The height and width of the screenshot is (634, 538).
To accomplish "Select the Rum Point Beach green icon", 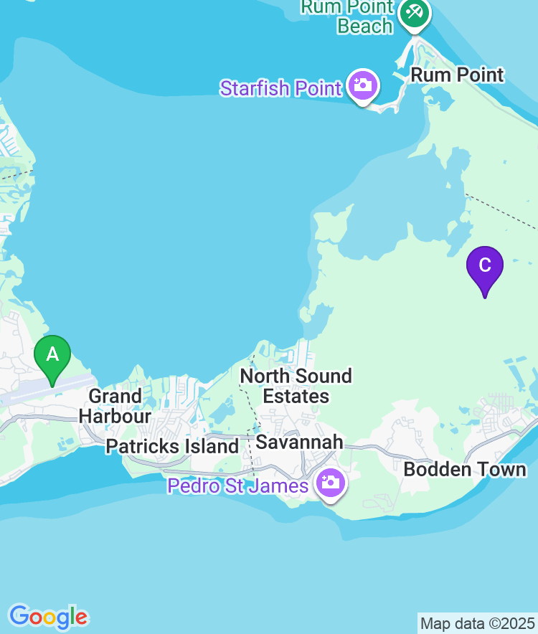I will (x=414, y=12).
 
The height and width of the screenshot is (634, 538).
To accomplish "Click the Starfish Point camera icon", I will (x=362, y=86).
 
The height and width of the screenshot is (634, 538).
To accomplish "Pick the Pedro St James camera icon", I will (x=331, y=483).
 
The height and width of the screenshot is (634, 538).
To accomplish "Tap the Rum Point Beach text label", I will (x=348, y=16).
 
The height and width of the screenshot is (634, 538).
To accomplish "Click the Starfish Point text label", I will (x=280, y=88).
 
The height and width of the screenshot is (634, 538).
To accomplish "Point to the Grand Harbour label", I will (x=115, y=406).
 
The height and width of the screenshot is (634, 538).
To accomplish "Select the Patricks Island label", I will (x=172, y=446).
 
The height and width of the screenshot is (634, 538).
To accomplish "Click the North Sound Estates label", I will (x=296, y=386).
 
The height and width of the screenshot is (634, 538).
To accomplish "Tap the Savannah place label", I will (x=299, y=442).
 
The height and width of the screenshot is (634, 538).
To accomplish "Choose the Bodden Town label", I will (x=465, y=470).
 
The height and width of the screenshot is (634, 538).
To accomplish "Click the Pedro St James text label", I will (x=238, y=486).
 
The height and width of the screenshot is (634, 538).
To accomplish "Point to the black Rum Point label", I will (x=457, y=75).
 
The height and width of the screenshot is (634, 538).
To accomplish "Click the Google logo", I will (x=48, y=616).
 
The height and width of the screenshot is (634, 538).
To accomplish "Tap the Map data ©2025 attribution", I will (x=477, y=623).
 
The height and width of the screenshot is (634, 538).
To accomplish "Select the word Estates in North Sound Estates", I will (x=296, y=396).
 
